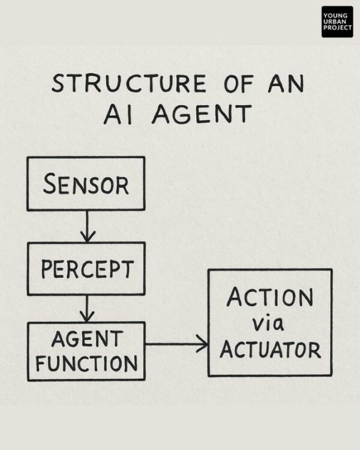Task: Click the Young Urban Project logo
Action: coord(337,22)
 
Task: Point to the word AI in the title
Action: coord(118,113)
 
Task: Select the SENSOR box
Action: coord(86,184)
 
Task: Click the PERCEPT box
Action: coord(86,268)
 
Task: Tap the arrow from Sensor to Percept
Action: coord(88,226)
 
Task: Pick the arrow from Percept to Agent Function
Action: coord(88,308)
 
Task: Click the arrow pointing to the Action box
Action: coord(176,344)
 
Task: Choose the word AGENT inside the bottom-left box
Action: coord(85,338)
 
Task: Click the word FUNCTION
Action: coord(85,362)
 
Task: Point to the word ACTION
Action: coord(269,298)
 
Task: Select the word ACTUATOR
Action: coord(270,349)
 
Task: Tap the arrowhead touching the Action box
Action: coord(203,344)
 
